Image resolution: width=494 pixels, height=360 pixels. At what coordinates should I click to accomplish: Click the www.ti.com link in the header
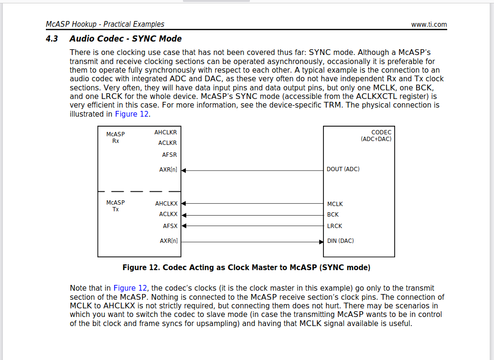[429, 24]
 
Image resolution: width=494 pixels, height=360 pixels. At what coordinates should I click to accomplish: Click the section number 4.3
[52, 39]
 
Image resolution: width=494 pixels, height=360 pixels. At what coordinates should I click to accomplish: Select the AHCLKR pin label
[165, 132]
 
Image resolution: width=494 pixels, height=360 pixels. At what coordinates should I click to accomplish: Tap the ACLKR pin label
[167, 143]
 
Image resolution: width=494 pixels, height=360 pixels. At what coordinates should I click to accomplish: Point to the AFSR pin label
[169, 155]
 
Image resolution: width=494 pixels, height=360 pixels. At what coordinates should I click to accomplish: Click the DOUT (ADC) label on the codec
[343, 169]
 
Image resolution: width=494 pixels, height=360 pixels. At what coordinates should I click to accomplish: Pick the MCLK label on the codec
[335, 204]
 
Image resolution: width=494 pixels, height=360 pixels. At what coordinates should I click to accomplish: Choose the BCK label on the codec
[333, 215]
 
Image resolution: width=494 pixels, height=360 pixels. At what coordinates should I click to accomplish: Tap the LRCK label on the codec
[334, 226]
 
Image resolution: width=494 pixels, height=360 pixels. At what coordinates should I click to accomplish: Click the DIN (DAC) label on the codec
[340, 241]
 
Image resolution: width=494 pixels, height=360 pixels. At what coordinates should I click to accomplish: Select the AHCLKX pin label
[166, 204]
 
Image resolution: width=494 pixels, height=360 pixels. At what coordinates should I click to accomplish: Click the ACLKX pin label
[168, 215]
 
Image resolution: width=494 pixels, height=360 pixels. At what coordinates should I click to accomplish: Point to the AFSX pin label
[170, 226]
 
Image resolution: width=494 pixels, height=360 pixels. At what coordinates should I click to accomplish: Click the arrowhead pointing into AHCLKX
[183, 204]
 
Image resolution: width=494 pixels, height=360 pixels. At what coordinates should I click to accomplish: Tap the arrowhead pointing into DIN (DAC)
[321, 241]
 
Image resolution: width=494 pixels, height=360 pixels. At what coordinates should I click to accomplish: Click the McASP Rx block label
[116, 138]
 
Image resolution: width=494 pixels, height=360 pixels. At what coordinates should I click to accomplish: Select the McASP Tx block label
[116, 206]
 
